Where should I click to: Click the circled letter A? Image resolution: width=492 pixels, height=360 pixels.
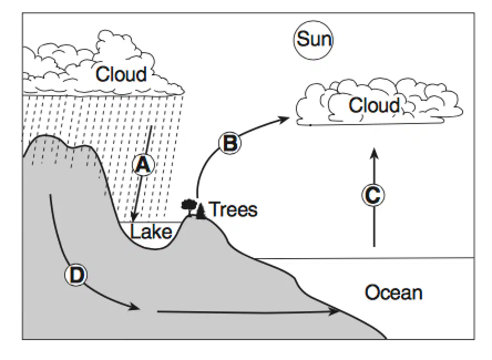pos(143,164)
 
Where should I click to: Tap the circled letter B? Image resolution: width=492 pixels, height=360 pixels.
pos(230,143)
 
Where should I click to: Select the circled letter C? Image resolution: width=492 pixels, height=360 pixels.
pos(373,195)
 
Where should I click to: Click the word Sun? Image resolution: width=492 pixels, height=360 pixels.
pos(314,39)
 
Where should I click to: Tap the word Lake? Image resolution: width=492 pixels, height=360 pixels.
pos(151,232)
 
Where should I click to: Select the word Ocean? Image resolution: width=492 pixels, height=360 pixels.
pos(393,292)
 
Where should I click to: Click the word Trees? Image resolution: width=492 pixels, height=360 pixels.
pos(234,209)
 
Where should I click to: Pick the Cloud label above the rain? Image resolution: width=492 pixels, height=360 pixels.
pos(121,74)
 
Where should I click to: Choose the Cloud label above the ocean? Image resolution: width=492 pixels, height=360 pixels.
pos(375,105)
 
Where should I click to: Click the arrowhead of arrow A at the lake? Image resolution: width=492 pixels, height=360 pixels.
pos(134,217)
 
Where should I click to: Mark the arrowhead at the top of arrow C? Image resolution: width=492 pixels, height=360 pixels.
pos(373,153)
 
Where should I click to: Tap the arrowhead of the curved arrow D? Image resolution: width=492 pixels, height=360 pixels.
pos(134,307)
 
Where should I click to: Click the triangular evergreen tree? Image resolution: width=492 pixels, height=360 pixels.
pos(200,210)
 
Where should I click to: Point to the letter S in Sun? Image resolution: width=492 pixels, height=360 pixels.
pos(303,39)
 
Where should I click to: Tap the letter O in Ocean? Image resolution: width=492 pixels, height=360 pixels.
pos(372,292)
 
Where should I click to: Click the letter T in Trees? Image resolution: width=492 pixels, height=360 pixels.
pos(216,209)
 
